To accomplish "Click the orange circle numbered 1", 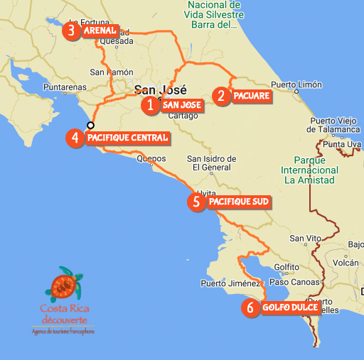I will click(150, 106).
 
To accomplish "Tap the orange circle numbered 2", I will click(223, 95).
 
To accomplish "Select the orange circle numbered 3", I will click(71, 31).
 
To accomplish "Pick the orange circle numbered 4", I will click(75, 138).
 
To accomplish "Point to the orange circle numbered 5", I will click(197, 202).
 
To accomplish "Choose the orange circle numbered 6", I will click(249, 308).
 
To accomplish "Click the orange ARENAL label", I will click(99, 32).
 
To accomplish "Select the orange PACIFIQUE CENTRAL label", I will click(128, 138).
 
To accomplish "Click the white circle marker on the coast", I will click(90, 126).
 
